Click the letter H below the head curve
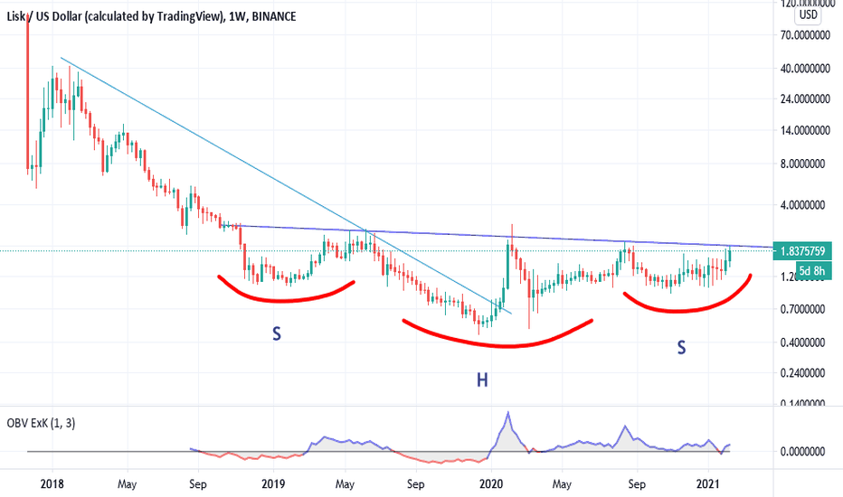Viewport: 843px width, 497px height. pos(482,380)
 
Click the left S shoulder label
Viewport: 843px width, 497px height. pos(277,334)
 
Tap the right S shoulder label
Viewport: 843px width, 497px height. pos(681,346)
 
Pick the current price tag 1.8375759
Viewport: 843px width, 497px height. pos(804,252)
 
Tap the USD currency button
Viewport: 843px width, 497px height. pos(807,14)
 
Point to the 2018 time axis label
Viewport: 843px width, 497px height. pos(53,483)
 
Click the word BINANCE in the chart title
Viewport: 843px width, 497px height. pos(274,17)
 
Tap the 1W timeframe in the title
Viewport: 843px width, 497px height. pos(238,17)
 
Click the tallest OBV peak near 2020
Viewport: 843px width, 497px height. pos(508,413)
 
